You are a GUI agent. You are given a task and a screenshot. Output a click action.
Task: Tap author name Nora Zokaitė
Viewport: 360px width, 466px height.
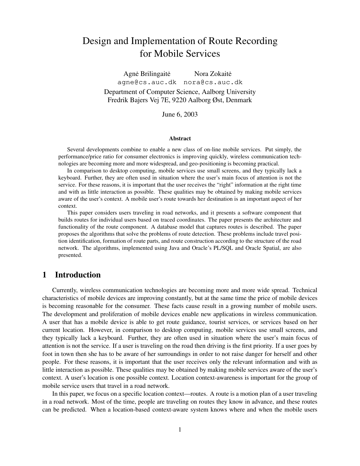pyautogui.click(x=213, y=74)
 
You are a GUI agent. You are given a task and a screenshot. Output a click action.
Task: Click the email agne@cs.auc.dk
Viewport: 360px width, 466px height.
pyautogui.click(x=147, y=82)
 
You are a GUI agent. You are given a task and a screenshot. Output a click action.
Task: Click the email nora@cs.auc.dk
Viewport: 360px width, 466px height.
pyautogui.click(x=213, y=82)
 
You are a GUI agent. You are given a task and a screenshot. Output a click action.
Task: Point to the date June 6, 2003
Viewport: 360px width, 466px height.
pyautogui.click(x=180, y=114)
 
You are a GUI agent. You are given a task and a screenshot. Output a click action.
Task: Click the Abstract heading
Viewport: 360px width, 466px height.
pyautogui.click(x=180, y=139)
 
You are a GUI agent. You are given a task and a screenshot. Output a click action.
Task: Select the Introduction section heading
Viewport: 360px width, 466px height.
pyautogui.click(x=78, y=275)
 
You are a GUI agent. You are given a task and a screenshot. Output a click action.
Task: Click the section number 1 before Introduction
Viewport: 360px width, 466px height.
pyautogui.click(x=44, y=275)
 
